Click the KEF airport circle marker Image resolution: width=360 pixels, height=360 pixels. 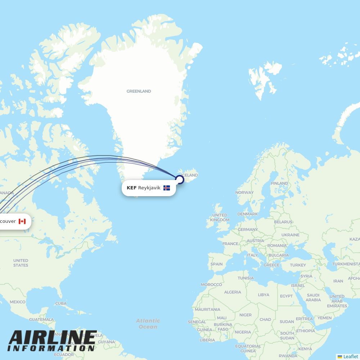pyautogui.click(x=179, y=179)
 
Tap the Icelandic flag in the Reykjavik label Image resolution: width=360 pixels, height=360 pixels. pyautogui.click(x=167, y=188)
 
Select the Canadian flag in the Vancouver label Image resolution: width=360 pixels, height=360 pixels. pyautogui.click(x=22, y=221)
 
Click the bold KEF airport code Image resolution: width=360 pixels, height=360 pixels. pyautogui.click(x=131, y=188)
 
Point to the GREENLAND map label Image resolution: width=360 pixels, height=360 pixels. pyautogui.click(x=139, y=91)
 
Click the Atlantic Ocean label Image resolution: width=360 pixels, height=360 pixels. pyautogui.click(x=148, y=324)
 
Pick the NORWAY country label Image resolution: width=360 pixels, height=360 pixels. pyautogui.click(x=244, y=193)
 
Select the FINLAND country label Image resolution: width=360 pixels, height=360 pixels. pyautogui.click(x=279, y=183)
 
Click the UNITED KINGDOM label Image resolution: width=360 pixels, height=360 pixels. pyautogui.click(x=220, y=217)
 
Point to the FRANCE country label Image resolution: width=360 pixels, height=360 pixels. pyautogui.click(x=230, y=244)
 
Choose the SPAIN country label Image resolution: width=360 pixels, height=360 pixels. pyautogui.click(x=216, y=264)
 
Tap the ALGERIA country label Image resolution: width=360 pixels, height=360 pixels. pyautogui.click(x=233, y=292)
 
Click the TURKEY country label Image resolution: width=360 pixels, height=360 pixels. pyautogui.click(x=298, y=265)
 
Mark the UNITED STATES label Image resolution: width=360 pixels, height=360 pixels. pyautogui.click(x=21, y=263)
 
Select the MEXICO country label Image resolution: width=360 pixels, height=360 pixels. pyautogui.click(x=17, y=302)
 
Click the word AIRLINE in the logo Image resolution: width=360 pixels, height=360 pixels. pyautogui.click(x=53, y=337)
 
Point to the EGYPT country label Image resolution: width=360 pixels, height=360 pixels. pyautogui.click(x=286, y=296)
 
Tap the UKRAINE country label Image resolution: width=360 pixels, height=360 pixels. pyautogui.click(x=290, y=235)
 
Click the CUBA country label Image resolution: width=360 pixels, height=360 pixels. pyautogui.click(x=61, y=303)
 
